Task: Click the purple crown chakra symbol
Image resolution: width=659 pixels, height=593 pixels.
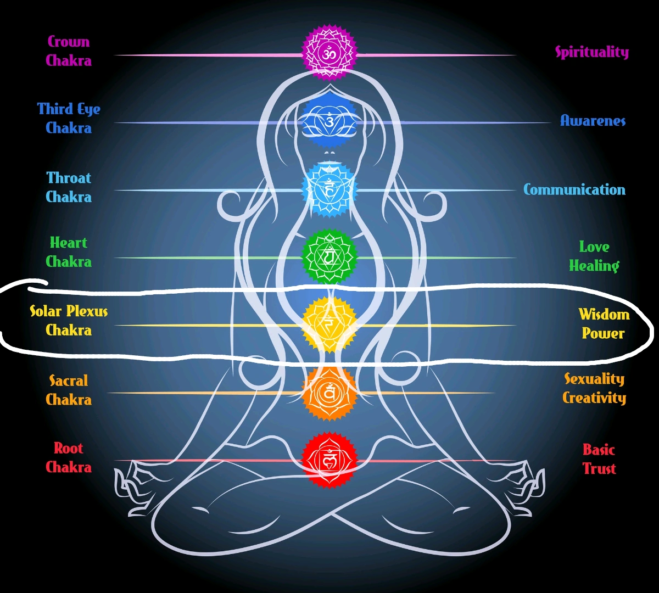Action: [x=329, y=54]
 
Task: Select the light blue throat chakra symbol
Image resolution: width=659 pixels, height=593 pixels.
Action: [x=329, y=189]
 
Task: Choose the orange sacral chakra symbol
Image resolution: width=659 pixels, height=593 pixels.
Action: [x=329, y=393]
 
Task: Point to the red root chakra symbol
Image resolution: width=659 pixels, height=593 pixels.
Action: [x=329, y=460]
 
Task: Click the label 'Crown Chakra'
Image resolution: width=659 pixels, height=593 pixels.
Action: [x=69, y=51]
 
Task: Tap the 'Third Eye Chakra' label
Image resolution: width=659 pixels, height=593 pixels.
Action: [x=69, y=118]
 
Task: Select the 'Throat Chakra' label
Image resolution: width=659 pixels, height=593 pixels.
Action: [x=69, y=187]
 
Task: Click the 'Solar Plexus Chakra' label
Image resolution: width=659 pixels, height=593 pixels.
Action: [x=69, y=321]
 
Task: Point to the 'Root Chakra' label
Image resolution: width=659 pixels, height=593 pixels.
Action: [x=69, y=457]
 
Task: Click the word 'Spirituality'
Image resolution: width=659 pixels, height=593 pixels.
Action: [x=591, y=52]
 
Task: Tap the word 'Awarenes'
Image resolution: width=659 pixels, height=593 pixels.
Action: [x=593, y=121]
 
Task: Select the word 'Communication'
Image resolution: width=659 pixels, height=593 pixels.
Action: [x=574, y=189]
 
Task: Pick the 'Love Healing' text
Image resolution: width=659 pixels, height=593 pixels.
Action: [x=594, y=256]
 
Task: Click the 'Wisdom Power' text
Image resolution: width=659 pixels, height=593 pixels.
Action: [x=604, y=324]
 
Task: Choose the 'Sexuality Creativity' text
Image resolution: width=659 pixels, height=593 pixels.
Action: [x=594, y=388]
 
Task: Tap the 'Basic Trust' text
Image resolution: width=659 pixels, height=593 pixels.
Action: [x=599, y=459]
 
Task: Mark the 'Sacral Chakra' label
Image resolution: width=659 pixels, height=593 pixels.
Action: [x=69, y=390]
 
